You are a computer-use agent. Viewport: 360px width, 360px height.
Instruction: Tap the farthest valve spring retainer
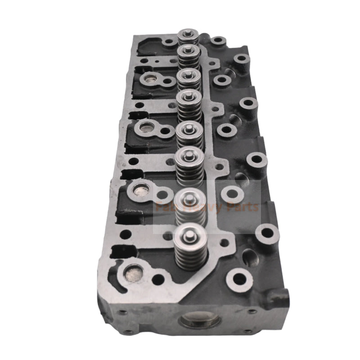[189, 34]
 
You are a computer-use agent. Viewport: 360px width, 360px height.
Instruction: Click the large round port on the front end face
[201, 321]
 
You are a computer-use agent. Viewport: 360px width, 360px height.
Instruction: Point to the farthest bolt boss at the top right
[241, 59]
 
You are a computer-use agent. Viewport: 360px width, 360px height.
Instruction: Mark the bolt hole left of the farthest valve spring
[169, 42]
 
